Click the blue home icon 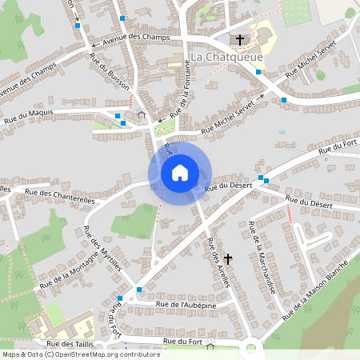click(x=180, y=172)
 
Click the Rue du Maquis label click(x=29, y=113)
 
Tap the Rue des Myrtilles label click(x=101, y=250)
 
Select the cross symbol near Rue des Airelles click(x=228, y=258)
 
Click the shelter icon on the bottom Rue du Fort click(x=210, y=346)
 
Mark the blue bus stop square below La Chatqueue click(x=258, y=72)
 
